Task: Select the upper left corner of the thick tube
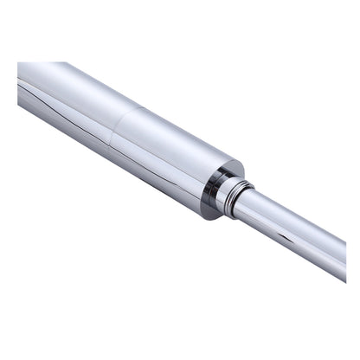[19, 63]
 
